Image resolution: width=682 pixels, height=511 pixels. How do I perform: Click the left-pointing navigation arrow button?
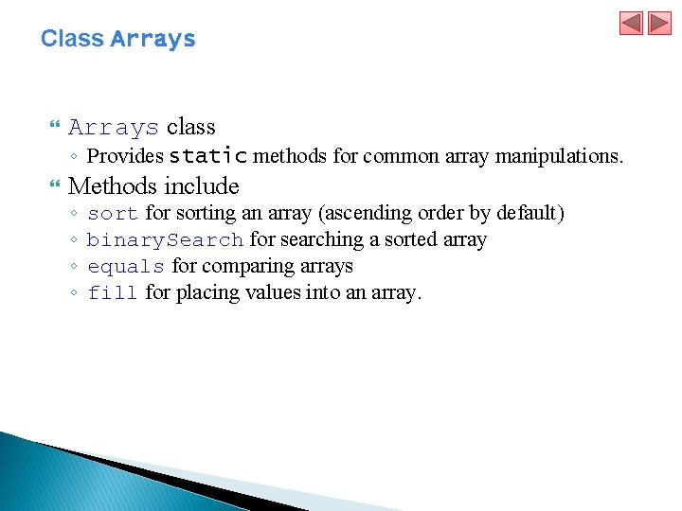632,23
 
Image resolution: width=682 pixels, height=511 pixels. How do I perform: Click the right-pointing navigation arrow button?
659,23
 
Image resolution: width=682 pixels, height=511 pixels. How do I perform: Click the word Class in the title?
72,39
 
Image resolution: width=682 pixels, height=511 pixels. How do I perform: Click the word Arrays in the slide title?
153,39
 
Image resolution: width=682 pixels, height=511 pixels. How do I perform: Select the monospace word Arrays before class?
114,128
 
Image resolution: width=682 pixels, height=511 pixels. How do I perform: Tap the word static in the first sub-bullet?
208,155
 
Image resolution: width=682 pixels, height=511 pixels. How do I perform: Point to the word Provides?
125,155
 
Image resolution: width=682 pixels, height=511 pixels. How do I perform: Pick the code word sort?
113,214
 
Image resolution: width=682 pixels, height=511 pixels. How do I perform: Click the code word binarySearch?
166,240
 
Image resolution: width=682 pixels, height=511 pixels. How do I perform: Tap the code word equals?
126,267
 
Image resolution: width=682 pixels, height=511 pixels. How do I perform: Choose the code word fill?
113,293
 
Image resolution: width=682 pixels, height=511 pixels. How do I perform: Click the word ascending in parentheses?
368,214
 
